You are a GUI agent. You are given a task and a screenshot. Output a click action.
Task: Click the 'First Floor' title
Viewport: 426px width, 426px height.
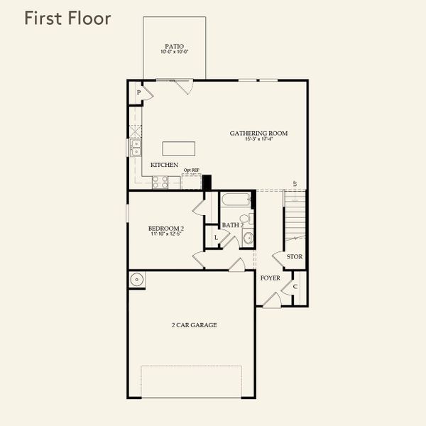pyautogui.click(x=67, y=18)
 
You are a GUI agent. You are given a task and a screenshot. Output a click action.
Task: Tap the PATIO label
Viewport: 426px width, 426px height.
pyautogui.click(x=175, y=46)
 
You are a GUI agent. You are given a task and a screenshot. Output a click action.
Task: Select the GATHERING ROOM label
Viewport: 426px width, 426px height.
pyautogui.click(x=258, y=133)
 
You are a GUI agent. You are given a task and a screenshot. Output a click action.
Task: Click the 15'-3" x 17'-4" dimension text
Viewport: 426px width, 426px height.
pyautogui.click(x=258, y=139)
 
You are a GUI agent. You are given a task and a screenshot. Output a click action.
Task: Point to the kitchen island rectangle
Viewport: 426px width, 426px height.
pyautogui.click(x=178, y=148)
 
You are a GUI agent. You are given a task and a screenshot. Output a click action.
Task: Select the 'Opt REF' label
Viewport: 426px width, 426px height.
pyautogui.click(x=190, y=170)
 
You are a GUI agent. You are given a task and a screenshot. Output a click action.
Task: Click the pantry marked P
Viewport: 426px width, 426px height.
pyautogui.click(x=140, y=93)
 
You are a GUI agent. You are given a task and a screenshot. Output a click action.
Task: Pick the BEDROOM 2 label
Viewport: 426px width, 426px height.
pyautogui.click(x=162, y=228)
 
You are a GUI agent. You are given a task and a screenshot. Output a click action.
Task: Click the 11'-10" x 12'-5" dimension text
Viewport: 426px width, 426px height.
pyautogui.click(x=162, y=234)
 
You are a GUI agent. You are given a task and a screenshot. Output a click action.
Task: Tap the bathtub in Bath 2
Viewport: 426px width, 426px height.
pyautogui.click(x=234, y=199)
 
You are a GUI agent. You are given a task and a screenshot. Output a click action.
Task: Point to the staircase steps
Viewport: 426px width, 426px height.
pyautogui.click(x=297, y=217)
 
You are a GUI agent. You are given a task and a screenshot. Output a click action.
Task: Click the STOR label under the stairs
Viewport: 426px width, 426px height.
pyautogui.click(x=295, y=256)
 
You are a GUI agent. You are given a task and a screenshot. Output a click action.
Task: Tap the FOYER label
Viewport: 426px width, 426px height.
pyautogui.click(x=270, y=278)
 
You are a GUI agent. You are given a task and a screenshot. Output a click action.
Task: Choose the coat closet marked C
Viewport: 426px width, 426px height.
pyautogui.click(x=295, y=286)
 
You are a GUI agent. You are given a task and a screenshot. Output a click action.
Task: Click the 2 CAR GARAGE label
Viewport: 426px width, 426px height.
pyautogui.click(x=193, y=324)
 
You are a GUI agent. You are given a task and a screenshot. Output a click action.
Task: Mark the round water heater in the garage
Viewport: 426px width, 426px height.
pyautogui.click(x=137, y=279)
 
